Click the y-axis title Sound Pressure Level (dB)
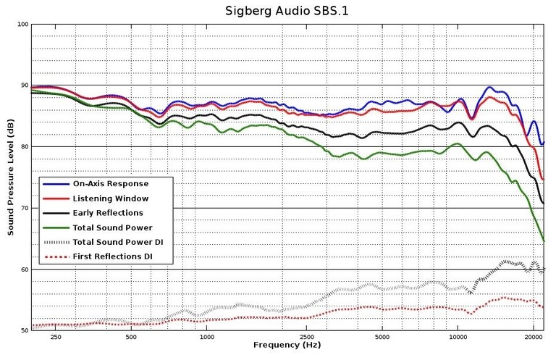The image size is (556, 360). (x=11, y=177)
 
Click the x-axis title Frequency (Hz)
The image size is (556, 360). (x=287, y=346)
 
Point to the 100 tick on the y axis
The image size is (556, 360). (x=22, y=25)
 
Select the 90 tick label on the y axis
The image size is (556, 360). (x=24, y=85)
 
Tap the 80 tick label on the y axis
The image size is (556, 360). (x=24, y=147)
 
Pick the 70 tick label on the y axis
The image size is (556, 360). (x=24, y=209)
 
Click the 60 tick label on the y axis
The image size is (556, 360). (x=24, y=269)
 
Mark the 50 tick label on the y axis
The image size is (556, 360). (x=24, y=331)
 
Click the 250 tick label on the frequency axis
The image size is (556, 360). (x=56, y=338)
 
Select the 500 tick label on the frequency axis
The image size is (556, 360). (x=131, y=338)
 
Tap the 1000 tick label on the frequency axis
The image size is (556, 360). (x=207, y=338)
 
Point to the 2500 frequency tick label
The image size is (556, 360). (x=307, y=338)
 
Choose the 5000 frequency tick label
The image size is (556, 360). (x=382, y=338)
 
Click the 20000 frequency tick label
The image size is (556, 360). (x=533, y=338)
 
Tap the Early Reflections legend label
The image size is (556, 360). (x=108, y=213)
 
